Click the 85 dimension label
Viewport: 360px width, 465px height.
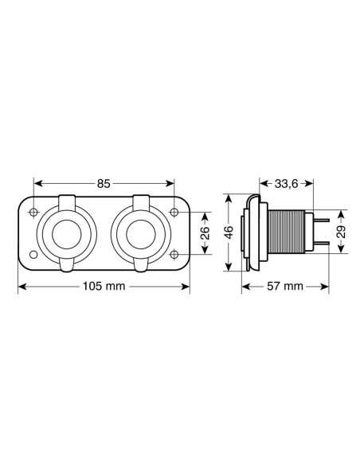click(104, 184)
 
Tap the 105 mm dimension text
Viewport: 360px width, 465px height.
click(104, 286)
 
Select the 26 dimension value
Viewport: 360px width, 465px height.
click(205, 233)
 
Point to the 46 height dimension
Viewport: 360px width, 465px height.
click(229, 232)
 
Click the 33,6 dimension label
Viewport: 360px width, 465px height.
click(286, 184)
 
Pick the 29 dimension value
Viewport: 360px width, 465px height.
click(342, 232)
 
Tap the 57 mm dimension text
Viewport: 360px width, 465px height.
click(285, 286)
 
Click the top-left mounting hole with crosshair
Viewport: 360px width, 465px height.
click(34, 213)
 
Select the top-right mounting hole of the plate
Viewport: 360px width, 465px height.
click(174, 213)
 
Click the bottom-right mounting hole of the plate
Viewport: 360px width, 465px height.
click(174, 254)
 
